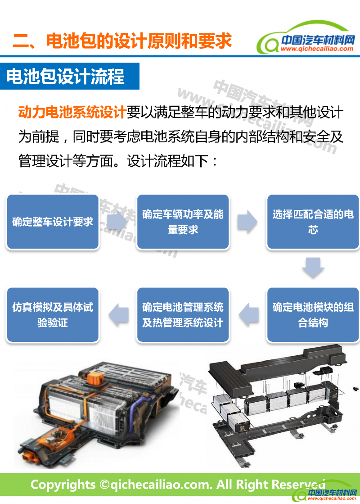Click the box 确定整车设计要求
tap(53, 222)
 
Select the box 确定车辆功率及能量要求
tap(183, 222)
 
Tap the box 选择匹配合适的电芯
tap(313, 222)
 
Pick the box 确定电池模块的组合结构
tap(313, 315)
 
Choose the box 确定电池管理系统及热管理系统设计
tap(183, 315)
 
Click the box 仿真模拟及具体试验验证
tap(53, 315)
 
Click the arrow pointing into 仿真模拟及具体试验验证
tap(118, 315)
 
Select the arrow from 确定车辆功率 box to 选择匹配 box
tap(247, 222)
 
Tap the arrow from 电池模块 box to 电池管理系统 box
tap(248, 315)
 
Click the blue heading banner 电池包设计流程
tap(69, 76)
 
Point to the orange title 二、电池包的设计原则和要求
tap(122, 41)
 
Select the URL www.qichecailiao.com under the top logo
tap(317, 49)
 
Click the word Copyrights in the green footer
tap(63, 485)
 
